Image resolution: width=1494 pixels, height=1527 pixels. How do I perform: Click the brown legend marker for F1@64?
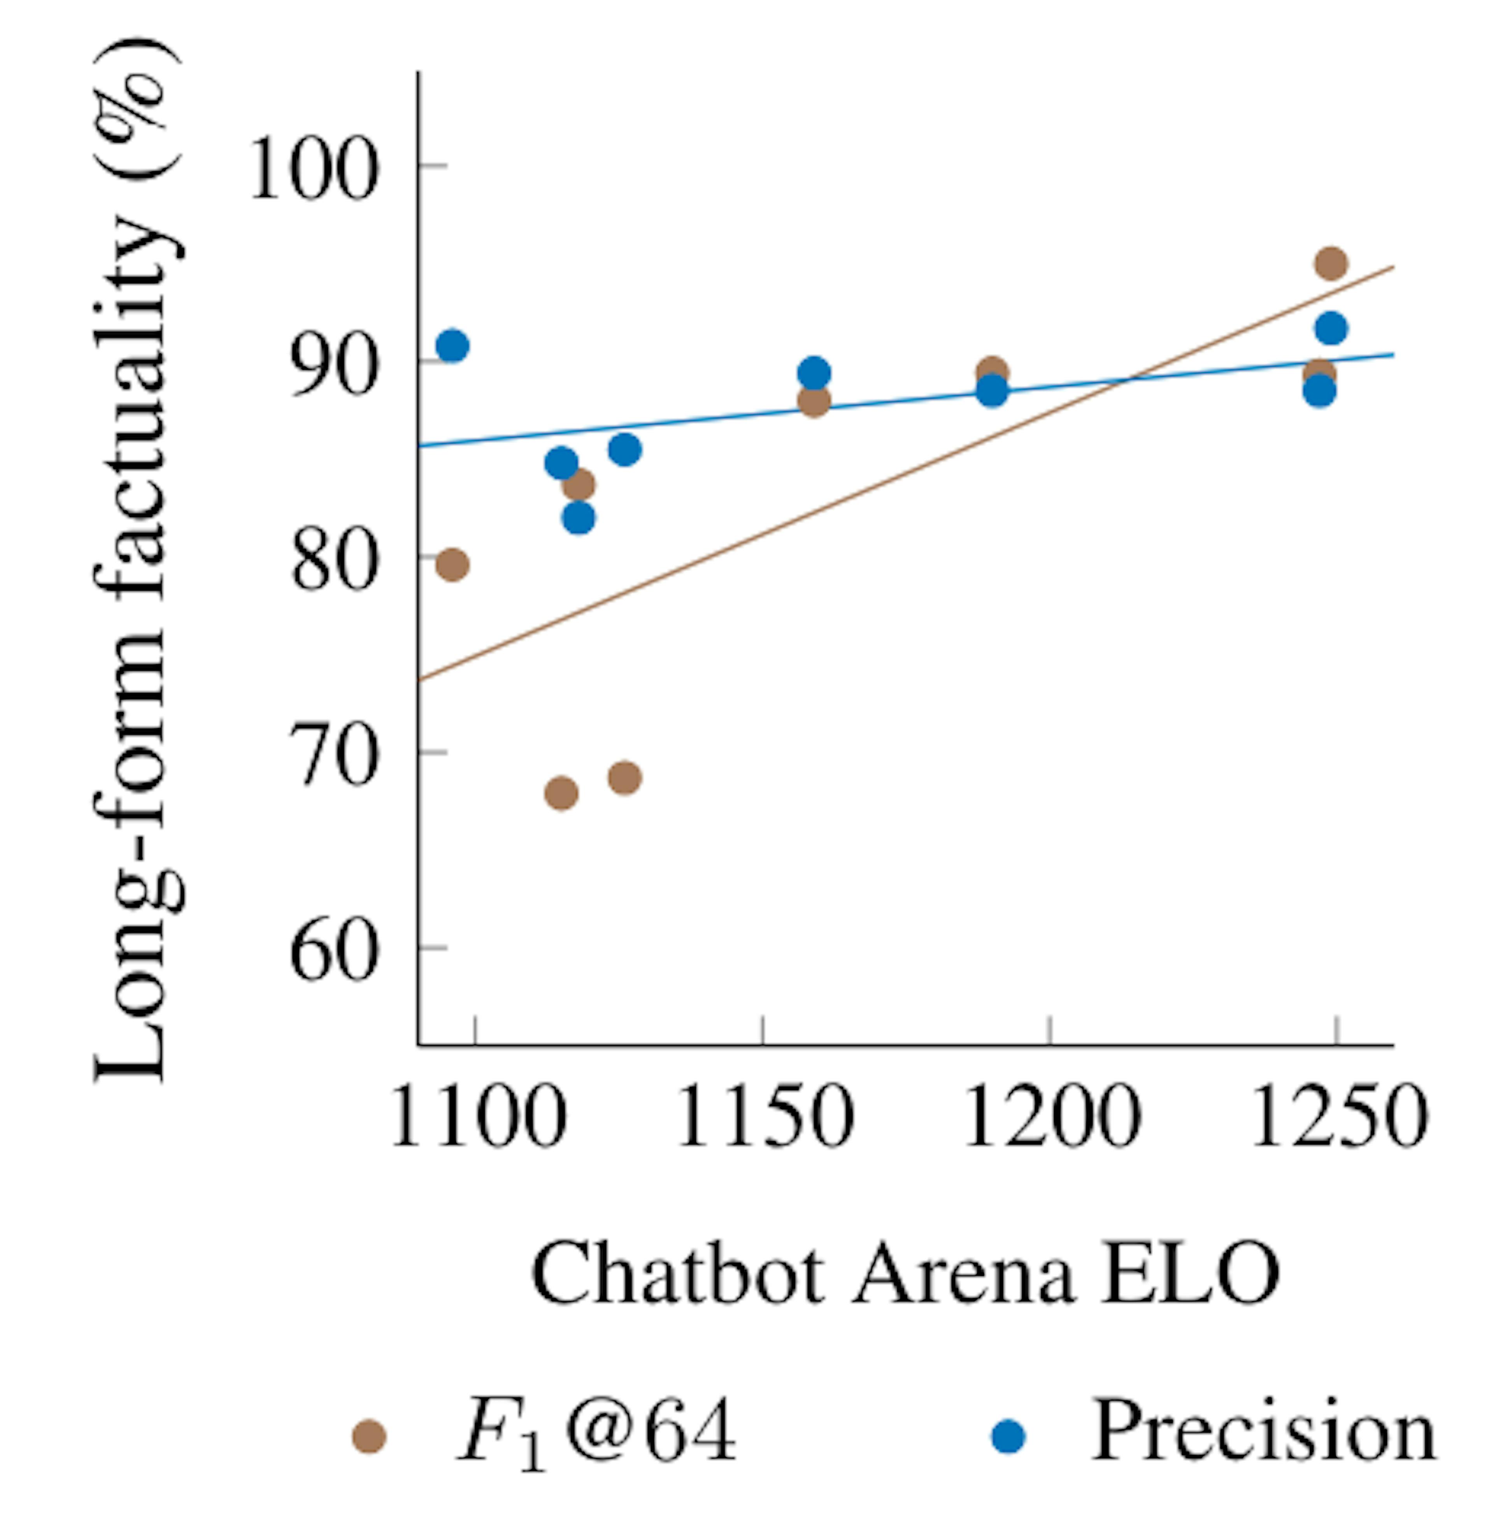point(369,1436)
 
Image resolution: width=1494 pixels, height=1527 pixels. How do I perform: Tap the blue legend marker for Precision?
point(1009,1436)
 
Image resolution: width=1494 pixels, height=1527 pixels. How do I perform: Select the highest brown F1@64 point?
point(1331,263)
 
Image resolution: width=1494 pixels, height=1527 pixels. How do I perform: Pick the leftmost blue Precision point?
point(452,345)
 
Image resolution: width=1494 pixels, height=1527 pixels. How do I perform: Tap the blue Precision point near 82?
point(578,517)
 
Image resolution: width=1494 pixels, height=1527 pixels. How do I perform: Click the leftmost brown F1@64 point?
point(452,565)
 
